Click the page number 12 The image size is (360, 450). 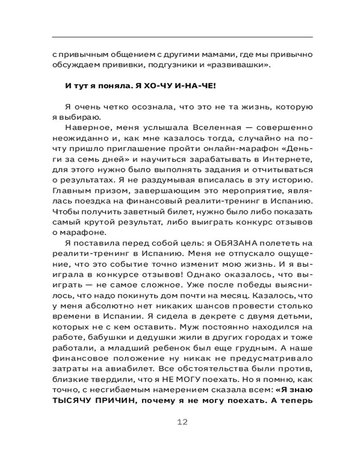(182, 422)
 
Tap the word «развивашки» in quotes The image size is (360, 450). (241, 66)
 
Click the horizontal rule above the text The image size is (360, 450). (182, 36)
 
